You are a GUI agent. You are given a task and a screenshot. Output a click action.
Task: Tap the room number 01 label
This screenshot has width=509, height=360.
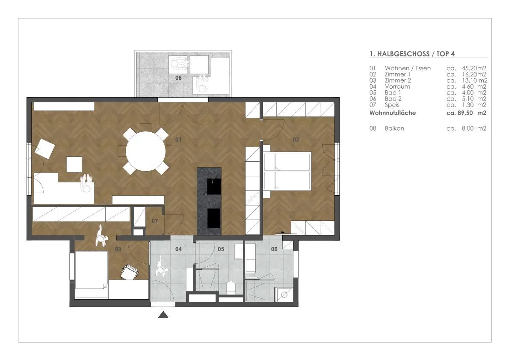click(x=178, y=140)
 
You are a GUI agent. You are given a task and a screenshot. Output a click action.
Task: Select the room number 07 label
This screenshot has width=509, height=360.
click(x=154, y=221)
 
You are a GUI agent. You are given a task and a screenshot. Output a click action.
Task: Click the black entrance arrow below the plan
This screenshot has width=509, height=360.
click(x=163, y=315)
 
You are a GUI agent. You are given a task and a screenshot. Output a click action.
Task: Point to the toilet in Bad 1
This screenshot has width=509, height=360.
click(x=231, y=287)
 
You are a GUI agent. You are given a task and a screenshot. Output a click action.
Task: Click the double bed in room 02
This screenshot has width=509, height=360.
click(x=287, y=171)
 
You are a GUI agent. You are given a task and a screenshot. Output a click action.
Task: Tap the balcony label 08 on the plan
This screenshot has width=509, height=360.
click(x=178, y=77)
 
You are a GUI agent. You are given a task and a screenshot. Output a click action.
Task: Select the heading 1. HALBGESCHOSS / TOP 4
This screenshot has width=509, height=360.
click(x=412, y=54)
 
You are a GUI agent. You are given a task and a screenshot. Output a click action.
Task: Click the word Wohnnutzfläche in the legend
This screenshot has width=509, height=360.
click(x=393, y=113)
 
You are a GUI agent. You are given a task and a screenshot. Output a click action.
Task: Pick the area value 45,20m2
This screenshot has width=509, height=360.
click(x=474, y=68)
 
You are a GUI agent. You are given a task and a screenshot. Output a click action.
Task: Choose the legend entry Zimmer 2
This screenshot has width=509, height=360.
click(x=398, y=80)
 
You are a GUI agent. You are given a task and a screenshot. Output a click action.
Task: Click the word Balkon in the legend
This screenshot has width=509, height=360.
click(x=394, y=128)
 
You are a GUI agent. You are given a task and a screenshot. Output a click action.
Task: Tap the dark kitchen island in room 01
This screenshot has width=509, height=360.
click(x=209, y=202)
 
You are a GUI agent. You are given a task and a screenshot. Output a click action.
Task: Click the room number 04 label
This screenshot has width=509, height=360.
click(x=178, y=249)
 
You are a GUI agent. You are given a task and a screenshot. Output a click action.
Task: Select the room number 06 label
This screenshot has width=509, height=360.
click(x=274, y=249)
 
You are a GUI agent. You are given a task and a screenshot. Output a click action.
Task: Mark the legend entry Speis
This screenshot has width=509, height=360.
click(x=392, y=104)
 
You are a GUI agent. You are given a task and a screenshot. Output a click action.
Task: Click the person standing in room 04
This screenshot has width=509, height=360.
click(x=161, y=266)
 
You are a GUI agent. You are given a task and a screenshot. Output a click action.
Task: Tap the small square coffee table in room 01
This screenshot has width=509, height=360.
click(x=74, y=164)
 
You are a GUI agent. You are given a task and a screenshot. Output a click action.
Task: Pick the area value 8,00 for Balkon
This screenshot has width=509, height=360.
click(x=468, y=128)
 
